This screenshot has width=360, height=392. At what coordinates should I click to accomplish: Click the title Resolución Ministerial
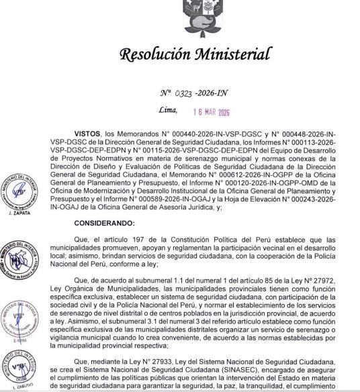tap(195, 54)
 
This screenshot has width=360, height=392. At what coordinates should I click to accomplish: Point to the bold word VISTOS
tap(91, 134)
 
